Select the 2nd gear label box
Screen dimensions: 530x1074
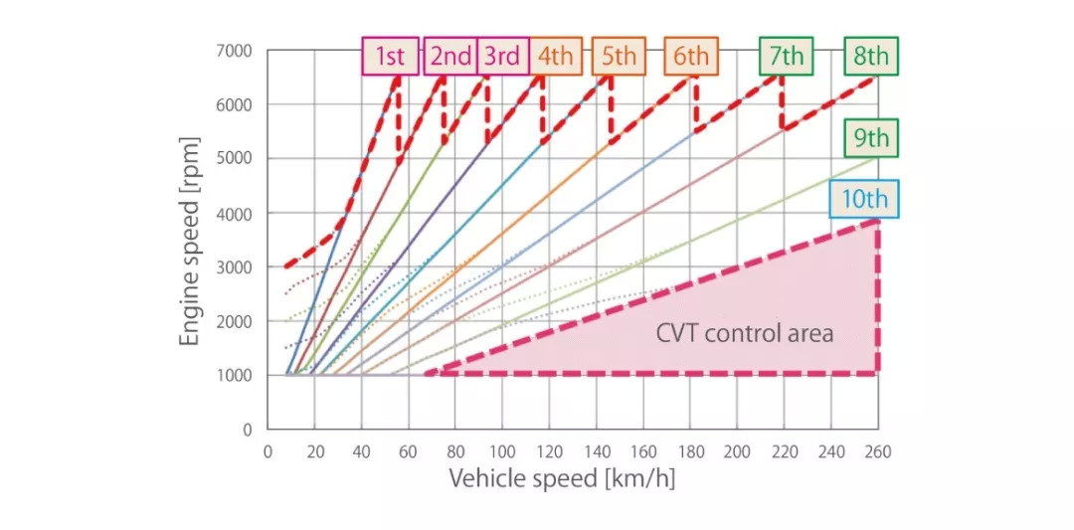click(450, 57)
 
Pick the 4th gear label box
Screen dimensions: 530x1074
click(556, 57)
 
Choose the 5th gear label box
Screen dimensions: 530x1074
click(619, 57)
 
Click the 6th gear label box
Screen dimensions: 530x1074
click(691, 57)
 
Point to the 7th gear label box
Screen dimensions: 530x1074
click(786, 57)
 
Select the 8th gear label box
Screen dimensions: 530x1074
click(871, 57)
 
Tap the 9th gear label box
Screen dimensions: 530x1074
click(871, 138)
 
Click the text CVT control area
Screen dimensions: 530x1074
click(744, 332)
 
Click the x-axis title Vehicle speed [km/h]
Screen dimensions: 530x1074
click(562, 478)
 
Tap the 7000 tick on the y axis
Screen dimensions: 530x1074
click(234, 51)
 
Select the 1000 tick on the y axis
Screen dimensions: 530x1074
click(234, 376)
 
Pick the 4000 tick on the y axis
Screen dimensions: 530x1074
click(234, 213)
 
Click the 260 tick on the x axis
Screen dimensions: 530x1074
click(877, 451)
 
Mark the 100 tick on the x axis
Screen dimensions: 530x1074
click(502, 451)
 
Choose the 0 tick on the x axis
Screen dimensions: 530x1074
click(268, 451)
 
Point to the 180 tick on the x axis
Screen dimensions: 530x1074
click(690, 451)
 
